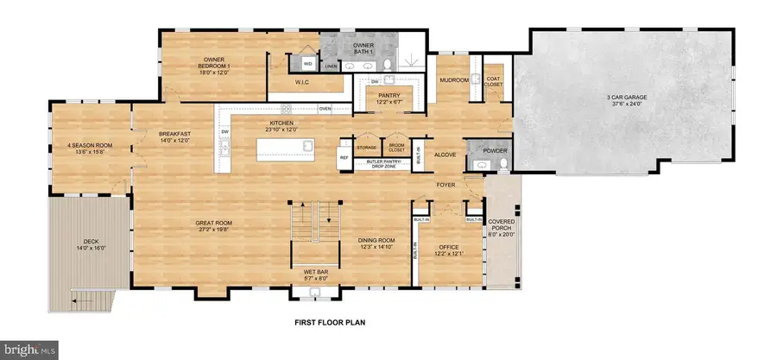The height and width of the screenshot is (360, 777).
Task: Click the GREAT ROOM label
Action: click(215, 226)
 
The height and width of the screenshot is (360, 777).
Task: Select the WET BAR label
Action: click(314, 276)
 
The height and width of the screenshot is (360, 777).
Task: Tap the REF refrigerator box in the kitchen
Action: click(343, 158)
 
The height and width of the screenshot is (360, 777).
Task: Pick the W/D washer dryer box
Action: click(308, 62)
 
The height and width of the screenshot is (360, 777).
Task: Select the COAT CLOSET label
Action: click(494, 81)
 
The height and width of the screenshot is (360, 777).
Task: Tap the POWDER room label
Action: click(494, 150)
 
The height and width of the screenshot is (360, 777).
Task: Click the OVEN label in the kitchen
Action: click(325, 109)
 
